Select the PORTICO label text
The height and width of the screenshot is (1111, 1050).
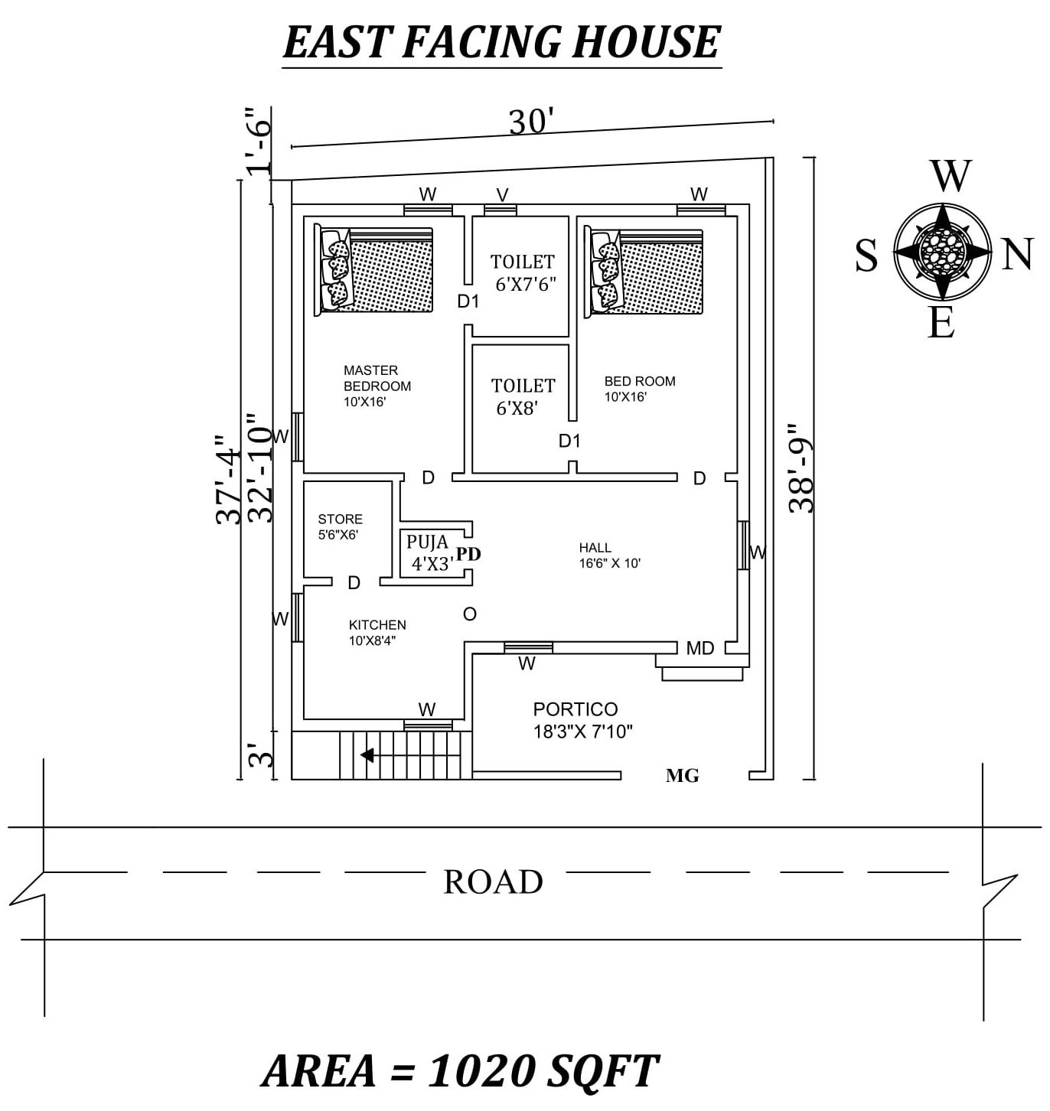576,709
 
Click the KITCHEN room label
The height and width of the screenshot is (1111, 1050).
377,625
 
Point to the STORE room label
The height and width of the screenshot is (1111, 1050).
340,520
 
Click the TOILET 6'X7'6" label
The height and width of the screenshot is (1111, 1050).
523,272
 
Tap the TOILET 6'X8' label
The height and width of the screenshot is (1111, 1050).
523,396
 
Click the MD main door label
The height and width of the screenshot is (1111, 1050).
699,649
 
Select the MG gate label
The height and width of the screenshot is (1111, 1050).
682,776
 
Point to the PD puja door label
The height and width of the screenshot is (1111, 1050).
468,554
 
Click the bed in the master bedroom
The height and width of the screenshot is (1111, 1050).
374,271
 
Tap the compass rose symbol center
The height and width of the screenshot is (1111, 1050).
942,251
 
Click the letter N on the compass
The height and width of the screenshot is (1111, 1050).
1017,254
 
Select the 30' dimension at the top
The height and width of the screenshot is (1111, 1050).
530,122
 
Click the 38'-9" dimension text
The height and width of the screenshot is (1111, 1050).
803,468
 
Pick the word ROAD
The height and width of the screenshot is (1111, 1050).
494,881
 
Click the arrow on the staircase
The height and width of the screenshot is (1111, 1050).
368,755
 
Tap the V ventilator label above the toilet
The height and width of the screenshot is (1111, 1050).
502,195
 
